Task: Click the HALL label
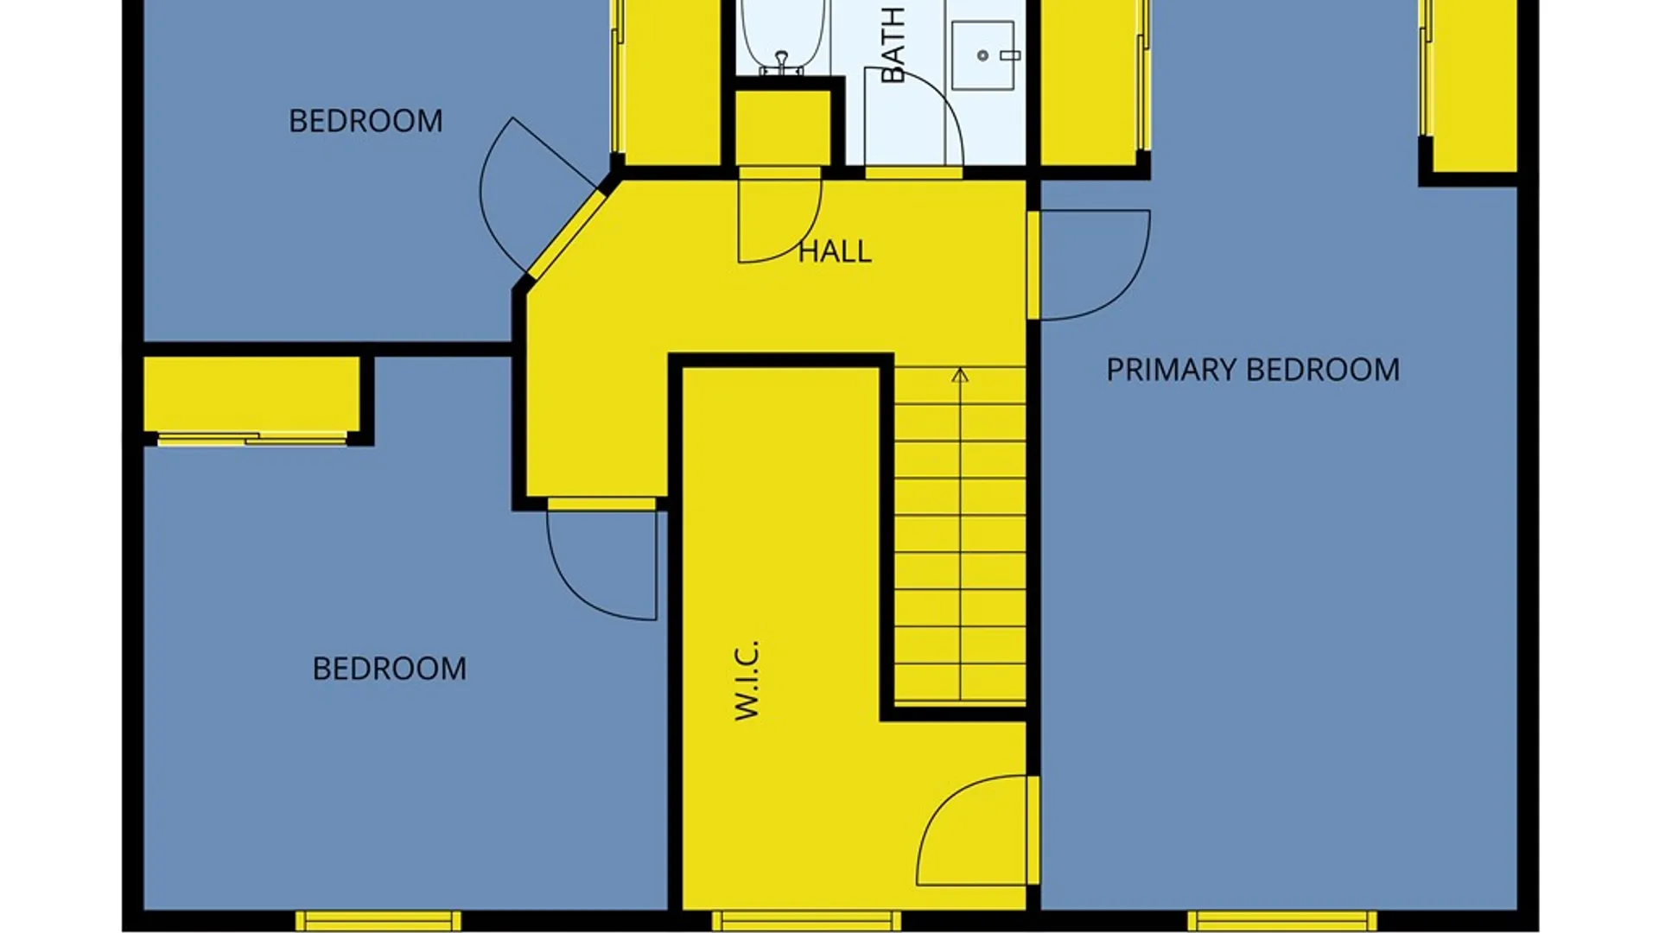835,251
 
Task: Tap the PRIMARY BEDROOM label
1253,370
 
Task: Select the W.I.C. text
747,680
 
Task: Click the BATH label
893,45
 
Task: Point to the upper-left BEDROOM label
365,121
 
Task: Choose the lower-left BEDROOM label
390,669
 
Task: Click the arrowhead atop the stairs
960,375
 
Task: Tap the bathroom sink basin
983,55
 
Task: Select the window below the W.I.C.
806,921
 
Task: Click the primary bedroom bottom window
1282,921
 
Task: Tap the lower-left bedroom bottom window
378,921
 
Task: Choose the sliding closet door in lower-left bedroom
251,439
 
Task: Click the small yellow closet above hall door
782,127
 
